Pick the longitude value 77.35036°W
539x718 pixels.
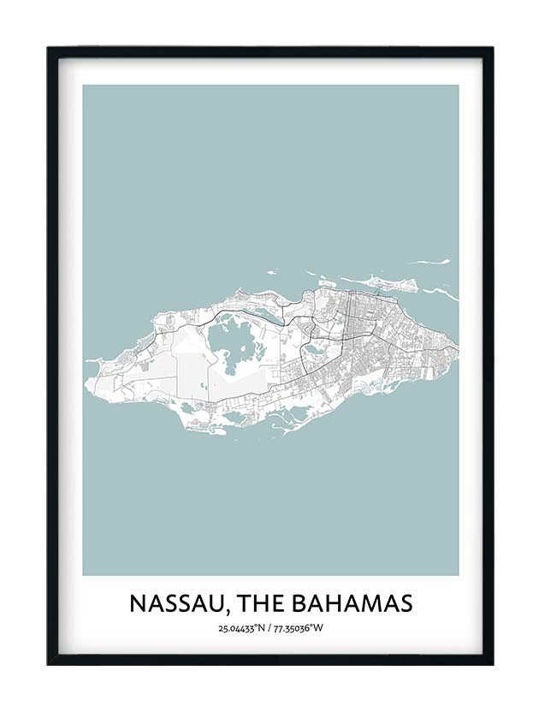pos(299,629)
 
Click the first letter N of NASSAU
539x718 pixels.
pos(138,603)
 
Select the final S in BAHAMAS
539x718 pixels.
pos(406,603)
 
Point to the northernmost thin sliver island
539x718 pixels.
pos(432,262)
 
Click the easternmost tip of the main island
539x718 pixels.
pos(458,347)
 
